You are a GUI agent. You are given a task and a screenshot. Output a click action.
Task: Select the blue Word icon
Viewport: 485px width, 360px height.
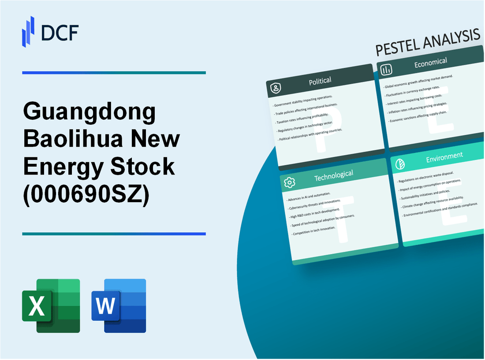tap(119, 305)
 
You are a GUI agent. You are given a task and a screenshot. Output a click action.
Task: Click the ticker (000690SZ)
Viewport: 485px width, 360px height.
tap(86, 193)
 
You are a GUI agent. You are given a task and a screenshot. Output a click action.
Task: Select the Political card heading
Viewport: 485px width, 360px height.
tap(321, 81)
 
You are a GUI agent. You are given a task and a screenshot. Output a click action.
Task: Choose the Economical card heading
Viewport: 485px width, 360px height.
tap(430, 63)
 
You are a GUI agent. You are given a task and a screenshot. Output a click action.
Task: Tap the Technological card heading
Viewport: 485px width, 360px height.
tap(333, 175)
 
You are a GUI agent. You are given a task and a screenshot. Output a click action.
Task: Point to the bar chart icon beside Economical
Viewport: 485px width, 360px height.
tap(387, 70)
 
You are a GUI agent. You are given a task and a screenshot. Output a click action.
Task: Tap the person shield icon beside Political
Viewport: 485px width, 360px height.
tap(276, 88)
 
